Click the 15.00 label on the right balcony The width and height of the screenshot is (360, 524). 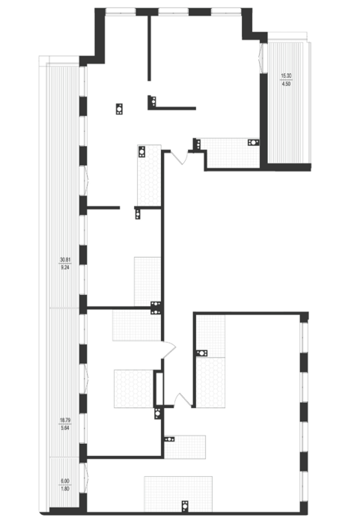286,76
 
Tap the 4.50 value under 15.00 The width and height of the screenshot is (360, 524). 286,84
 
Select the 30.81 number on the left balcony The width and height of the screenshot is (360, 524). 65,259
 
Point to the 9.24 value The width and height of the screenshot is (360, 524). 65,267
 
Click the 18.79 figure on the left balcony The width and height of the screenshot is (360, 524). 65,420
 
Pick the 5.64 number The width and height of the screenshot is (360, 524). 65,427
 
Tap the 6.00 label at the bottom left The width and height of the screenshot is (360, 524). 65,481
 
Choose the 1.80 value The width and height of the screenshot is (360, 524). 65,489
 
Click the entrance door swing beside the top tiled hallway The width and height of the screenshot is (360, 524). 180,158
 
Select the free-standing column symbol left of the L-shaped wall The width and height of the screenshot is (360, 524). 119,109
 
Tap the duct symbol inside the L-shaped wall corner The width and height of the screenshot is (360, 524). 153,100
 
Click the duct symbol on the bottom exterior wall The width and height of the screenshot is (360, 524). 184,506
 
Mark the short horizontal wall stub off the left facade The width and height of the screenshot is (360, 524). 103,208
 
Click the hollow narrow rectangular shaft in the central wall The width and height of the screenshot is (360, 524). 159,389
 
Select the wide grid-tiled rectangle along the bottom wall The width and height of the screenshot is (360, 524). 178,494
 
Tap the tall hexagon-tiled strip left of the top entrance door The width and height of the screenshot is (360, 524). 149,175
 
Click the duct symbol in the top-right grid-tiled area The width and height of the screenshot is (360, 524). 253,142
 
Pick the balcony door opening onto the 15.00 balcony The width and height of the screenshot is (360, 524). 261,59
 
